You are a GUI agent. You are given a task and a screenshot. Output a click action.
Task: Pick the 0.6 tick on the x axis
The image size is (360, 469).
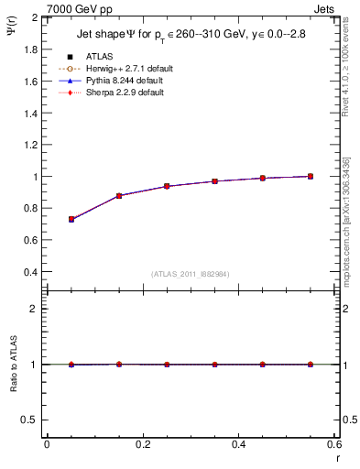click(333, 444)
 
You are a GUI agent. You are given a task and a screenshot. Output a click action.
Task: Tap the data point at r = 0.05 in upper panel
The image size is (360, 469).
click(71, 219)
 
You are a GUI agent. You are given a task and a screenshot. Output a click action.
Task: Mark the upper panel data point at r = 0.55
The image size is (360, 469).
click(311, 176)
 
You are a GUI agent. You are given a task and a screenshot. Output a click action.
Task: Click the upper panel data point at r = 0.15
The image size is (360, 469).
click(119, 195)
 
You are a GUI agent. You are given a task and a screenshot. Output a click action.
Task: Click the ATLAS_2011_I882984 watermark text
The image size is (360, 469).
click(190, 274)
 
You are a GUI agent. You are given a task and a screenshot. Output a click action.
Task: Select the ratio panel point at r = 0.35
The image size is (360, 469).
click(214, 365)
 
